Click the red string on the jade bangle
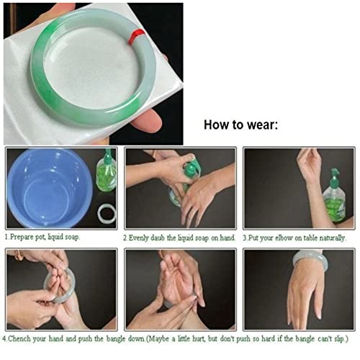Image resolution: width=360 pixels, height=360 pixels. [136, 37]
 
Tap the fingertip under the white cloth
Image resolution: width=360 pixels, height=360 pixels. [147, 121]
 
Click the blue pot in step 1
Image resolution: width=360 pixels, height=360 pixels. [50, 188]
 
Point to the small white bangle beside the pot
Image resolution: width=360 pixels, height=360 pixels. [107, 213]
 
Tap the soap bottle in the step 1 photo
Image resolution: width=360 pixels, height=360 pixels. [107, 171]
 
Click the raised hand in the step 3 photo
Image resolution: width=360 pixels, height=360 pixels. [309, 164]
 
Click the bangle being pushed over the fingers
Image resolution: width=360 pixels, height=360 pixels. [60, 286]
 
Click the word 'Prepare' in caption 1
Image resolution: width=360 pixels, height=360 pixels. [22, 238]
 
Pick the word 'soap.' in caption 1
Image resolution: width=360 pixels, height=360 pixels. [72, 238]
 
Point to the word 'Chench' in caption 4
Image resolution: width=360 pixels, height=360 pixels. [19, 339]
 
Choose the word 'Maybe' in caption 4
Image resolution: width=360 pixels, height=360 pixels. [159, 339]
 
